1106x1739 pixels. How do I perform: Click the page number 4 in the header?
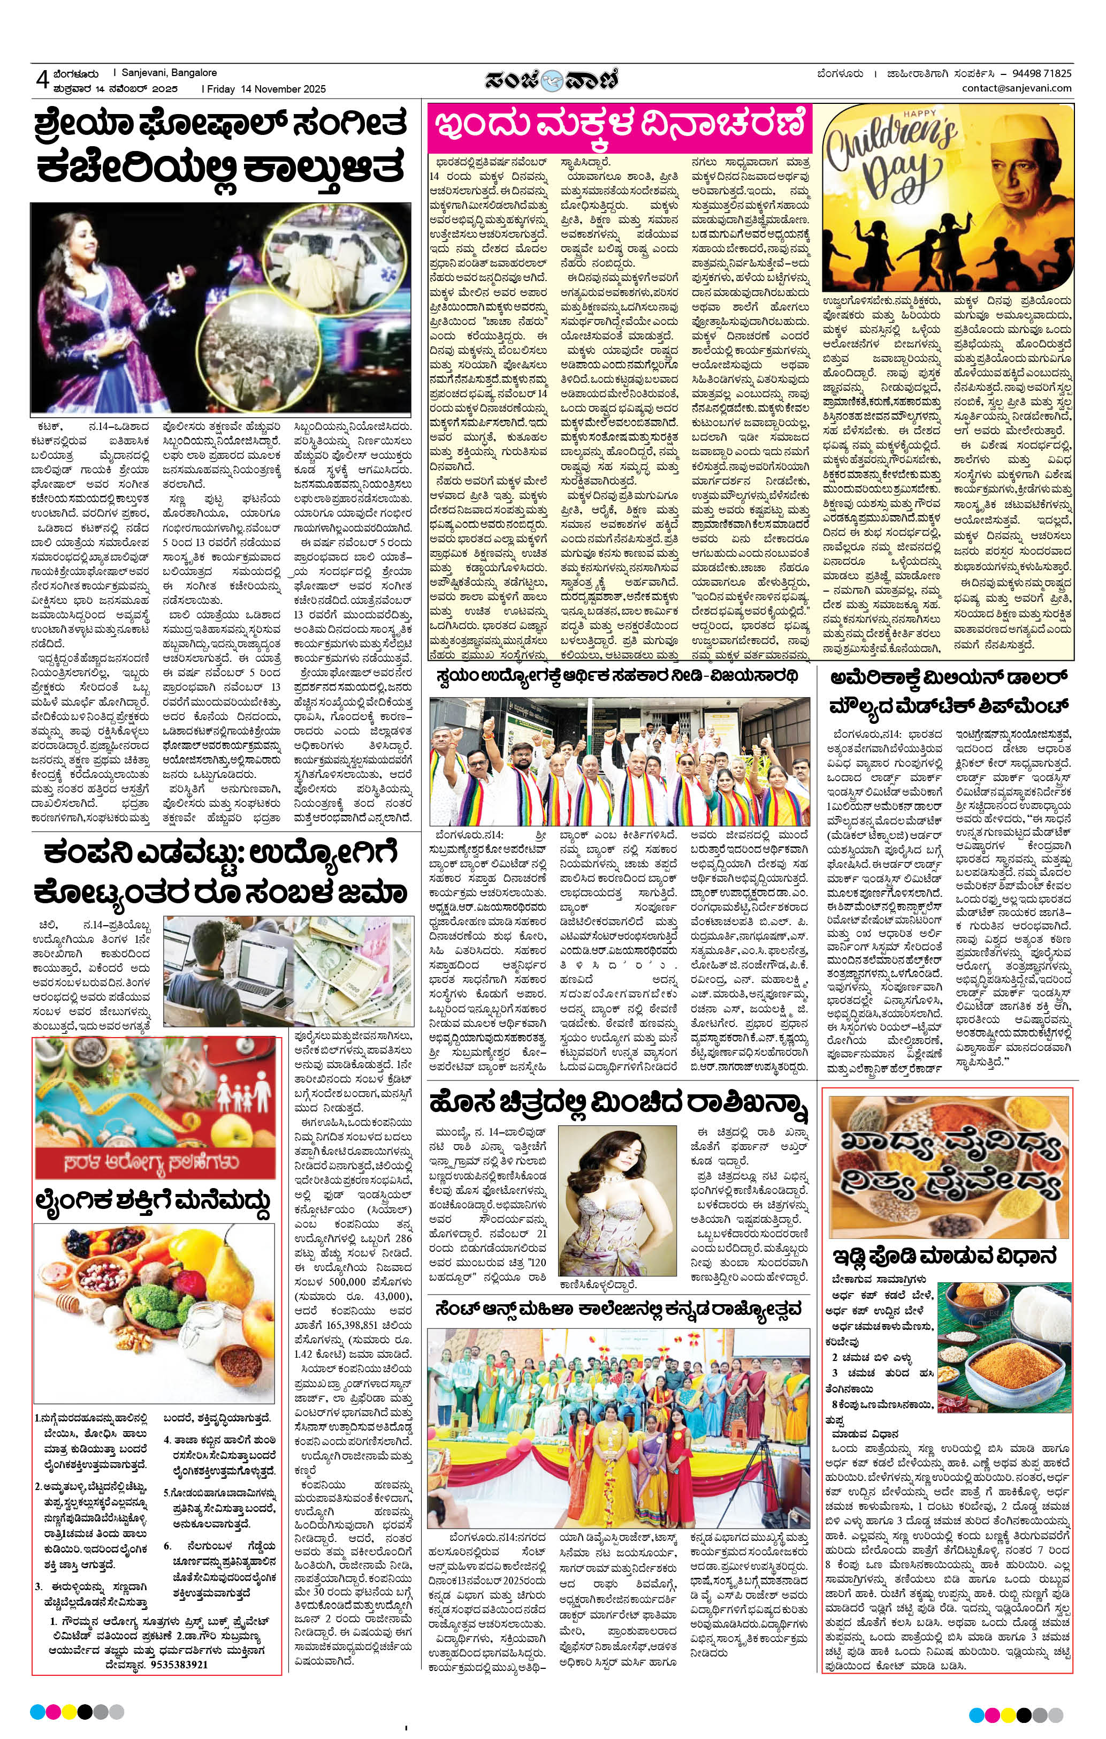pos(41,80)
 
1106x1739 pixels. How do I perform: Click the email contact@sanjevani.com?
pos(1017,88)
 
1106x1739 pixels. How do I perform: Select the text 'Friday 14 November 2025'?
pos(266,89)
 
